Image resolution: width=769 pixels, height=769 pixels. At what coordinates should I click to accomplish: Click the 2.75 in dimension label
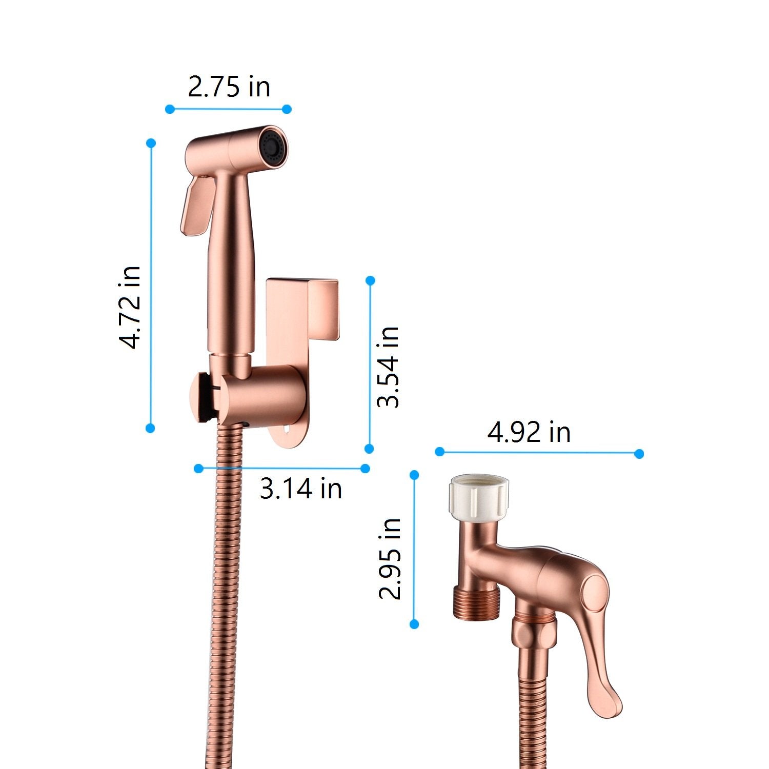point(229,87)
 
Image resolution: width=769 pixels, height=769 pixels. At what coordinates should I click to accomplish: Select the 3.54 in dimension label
point(388,367)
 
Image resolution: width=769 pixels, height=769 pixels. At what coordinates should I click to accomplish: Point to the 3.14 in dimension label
point(301,488)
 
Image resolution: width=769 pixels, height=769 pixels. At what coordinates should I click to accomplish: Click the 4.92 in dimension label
point(529,432)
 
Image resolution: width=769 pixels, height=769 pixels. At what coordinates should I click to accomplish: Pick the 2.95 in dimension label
point(390,559)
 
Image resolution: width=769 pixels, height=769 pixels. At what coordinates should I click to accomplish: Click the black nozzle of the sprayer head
point(271,145)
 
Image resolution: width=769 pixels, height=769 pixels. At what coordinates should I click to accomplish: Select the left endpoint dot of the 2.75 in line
point(170,109)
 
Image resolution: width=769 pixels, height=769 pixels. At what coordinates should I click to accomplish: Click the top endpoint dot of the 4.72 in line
point(151,144)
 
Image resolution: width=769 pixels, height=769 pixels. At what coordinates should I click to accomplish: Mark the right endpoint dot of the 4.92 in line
point(639,453)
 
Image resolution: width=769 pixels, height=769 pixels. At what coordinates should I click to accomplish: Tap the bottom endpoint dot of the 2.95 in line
point(415,624)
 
